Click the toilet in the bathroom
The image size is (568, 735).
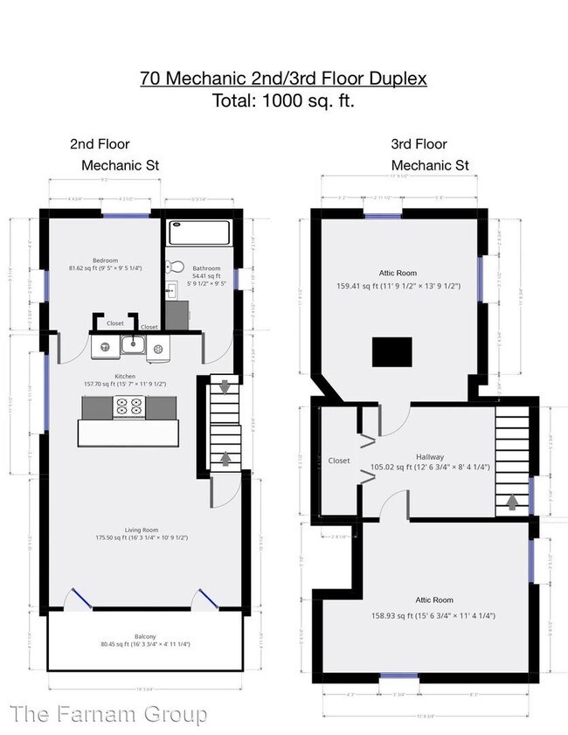(176, 267)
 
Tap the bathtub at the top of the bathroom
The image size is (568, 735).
(200, 232)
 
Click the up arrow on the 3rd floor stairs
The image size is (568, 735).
(512, 503)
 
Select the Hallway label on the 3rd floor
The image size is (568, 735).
(429, 457)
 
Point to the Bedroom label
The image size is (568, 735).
(105, 260)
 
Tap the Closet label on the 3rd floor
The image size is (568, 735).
(339, 461)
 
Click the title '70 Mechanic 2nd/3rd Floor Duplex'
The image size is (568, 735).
(283, 79)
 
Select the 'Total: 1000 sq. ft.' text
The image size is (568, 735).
(283, 101)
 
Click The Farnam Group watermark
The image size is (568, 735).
(104, 714)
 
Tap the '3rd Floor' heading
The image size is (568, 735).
(419, 144)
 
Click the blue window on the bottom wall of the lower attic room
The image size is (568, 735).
(398, 676)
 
